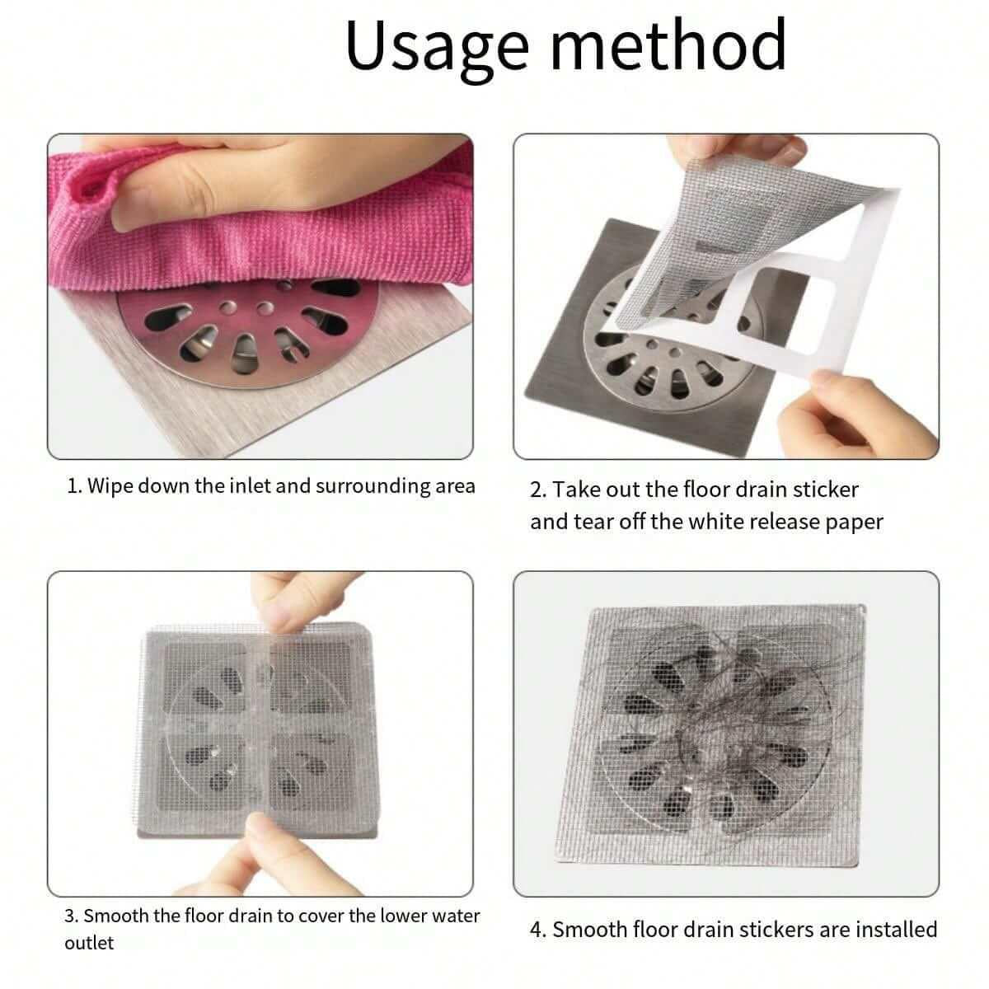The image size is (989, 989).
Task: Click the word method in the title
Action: coord(668,45)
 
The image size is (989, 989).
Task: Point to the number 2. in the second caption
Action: coord(538,490)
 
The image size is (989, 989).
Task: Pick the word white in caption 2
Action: coord(714,522)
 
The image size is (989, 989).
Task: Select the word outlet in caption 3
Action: coord(89,943)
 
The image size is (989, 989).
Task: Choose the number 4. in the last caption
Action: coord(539,930)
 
